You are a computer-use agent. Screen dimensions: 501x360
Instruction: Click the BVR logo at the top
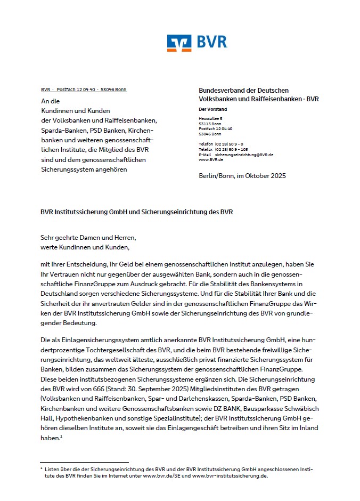pyautogui.click(x=197, y=43)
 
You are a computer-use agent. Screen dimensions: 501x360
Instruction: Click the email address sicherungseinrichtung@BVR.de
pyautogui.click(x=244, y=155)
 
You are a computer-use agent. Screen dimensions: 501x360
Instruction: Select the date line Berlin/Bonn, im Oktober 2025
pyautogui.click(x=242, y=176)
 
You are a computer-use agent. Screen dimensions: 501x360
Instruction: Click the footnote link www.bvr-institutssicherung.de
pyautogui.click(x=230, y=476)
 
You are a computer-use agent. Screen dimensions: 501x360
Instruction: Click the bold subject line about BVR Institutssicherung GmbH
pyautogui.click(x=136, y=212)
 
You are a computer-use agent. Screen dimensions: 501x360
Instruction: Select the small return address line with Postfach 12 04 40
pyautogui.click(x=84, y=90)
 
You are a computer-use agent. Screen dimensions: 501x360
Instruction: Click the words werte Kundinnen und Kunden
pyautogui.click(x=85, y=247)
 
